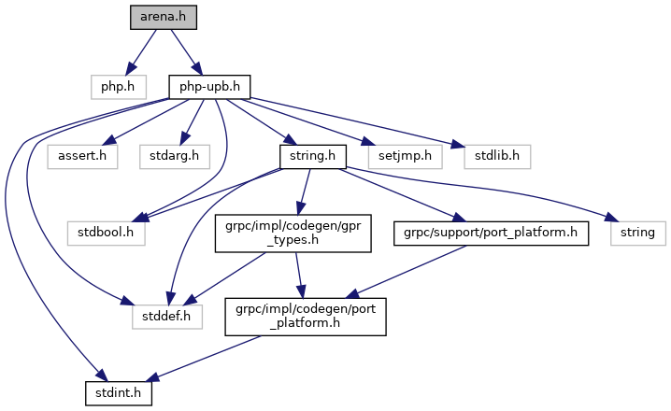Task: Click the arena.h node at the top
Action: [x=164, y=18]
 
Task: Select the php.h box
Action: [x=119, y=87]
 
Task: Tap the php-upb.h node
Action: [x=209, y=87]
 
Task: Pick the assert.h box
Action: [x=82, y=157]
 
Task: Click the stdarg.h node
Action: [x=175, y=157]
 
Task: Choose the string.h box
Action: [x=313, y=157]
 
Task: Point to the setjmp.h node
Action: [x=406, y=157]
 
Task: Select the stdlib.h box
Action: [x=497, y=157]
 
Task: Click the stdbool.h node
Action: [x=107, y=234]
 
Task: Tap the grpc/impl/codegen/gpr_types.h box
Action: [x=293, y=234]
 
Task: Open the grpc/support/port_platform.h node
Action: [x=491, y=234]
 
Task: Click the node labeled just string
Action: [x=638, y=234]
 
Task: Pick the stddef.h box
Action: [x=167, y=317]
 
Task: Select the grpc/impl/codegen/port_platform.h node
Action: [x=306, y=317]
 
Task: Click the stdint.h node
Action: [x=119, y=393]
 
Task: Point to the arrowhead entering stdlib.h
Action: [x=458, y=145]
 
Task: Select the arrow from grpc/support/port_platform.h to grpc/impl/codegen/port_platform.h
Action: [x=406, y=271]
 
